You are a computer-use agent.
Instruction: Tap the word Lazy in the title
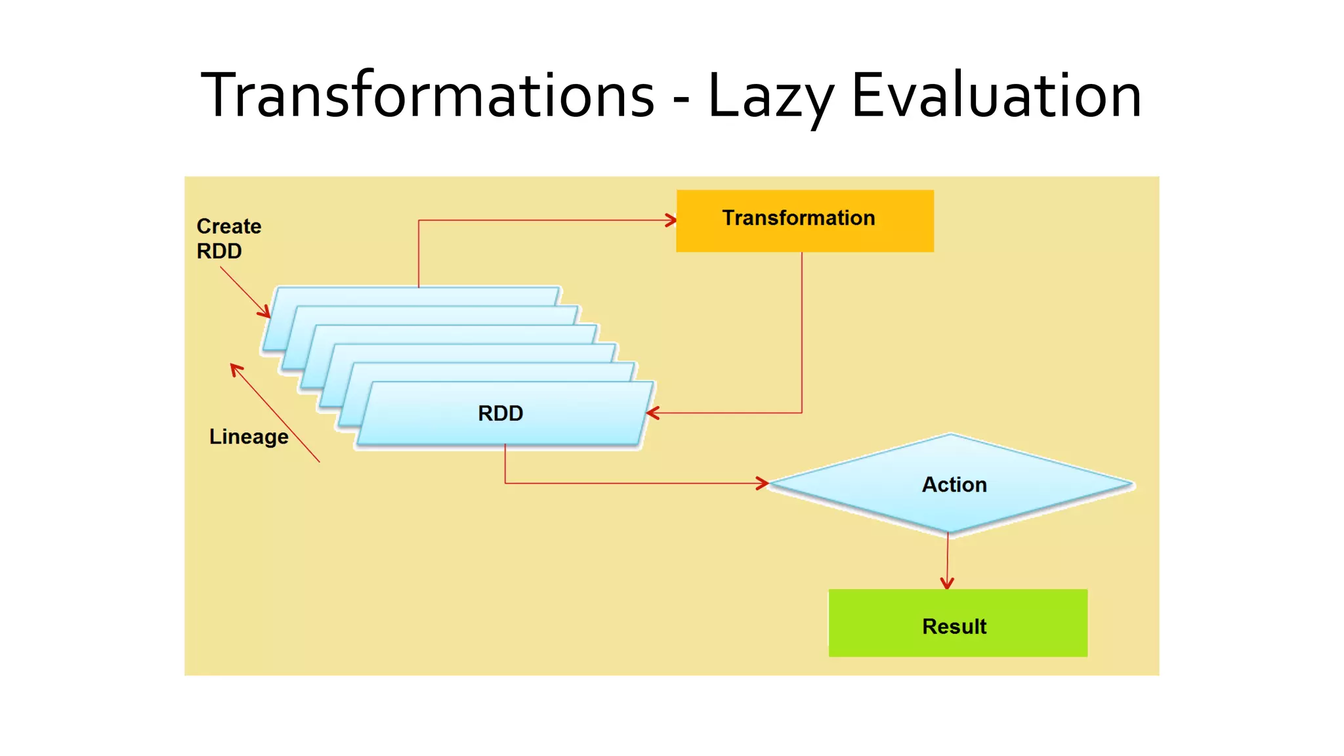pyautogui.click(x=771, y=96)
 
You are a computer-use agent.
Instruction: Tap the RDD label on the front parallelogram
pyautogui.click(x=500, y=413)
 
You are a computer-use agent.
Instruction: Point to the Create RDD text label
pyautogui.click(x=228, y=238)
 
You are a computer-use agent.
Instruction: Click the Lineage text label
pyautogui.click(x=249, y=437)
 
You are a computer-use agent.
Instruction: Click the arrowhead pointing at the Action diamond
pyautogui.click(x=763, y=484)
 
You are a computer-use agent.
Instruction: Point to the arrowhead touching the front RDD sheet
pyautogui.click(x=652, y=413)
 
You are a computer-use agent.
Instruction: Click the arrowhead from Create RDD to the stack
pyautogui.click(x=265, y=312)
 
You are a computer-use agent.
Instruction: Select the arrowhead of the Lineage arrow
pyautogui.click(x=236, y=369)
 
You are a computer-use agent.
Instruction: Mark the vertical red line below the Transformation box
pyautogui.click(x=802, y=328)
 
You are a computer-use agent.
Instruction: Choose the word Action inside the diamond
pyautogui.click(x=954, y=484)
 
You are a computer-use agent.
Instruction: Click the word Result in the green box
pyautogui.click(x=954, y=627)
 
